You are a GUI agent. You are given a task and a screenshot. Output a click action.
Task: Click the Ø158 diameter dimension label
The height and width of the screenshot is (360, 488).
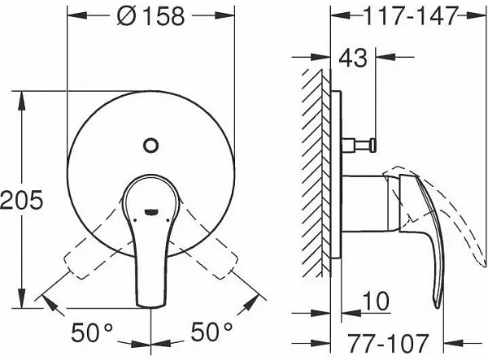150,15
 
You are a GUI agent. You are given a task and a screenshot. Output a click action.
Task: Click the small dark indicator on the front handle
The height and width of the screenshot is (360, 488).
150,214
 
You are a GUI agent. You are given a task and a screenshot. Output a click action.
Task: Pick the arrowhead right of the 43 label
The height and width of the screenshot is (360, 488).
387,58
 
